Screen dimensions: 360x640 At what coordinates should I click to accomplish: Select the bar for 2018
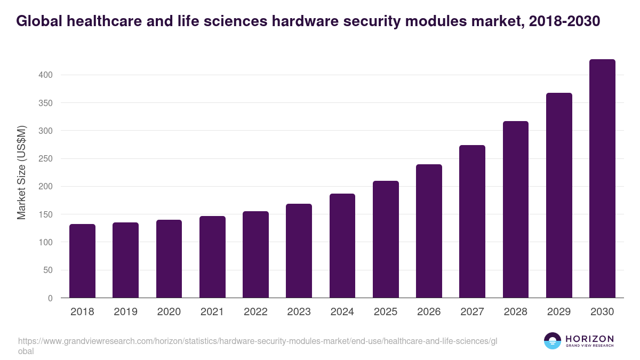(82, 261)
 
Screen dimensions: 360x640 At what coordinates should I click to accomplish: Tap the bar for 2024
(342, 246)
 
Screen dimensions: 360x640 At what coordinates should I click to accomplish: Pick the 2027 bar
(472, 221)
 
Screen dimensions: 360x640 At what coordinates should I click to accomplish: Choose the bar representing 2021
(212, 257)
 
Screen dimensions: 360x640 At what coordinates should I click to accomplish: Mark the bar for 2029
(559, 195)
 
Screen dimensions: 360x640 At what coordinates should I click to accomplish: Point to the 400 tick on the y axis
(46, 75)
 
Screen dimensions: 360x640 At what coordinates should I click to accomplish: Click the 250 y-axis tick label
(46, 159)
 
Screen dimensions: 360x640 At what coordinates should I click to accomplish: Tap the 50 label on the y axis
(48, 270)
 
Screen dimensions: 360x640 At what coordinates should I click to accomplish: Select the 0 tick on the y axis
(50, 298)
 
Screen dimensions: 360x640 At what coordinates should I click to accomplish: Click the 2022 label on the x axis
(255, 312)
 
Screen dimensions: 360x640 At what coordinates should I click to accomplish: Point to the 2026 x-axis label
(429, 312)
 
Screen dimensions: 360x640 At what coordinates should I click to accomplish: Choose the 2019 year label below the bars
(125, 312)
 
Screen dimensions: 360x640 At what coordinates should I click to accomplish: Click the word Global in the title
(38, 21)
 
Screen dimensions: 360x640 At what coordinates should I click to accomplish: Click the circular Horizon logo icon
(553, 341)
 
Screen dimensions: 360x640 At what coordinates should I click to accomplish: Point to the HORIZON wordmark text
(589, 338)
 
